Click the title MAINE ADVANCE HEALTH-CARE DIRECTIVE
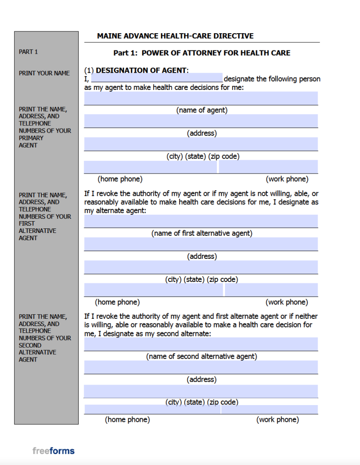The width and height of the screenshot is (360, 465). [175, 36]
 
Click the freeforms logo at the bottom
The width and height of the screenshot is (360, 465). [53, 451]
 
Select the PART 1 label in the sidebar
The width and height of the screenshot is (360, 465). [28, 52]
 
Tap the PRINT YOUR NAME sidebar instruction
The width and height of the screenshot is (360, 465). [44, 73]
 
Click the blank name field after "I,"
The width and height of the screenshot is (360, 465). [157, 78]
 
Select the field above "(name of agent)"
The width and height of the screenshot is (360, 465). [201, 98]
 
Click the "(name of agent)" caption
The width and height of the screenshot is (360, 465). [202, 110]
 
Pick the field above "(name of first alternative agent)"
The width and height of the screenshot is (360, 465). [201, 221]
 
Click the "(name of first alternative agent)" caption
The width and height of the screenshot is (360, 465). [202, 233]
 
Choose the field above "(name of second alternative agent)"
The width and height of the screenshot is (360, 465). [201, 344]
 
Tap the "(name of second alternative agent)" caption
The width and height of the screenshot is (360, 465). [202, 356]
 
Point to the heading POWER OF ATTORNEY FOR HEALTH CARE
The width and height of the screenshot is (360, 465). [216, 53]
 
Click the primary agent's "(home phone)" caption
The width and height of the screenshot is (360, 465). [120, 179]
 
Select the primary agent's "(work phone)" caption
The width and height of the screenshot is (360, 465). [287, 179]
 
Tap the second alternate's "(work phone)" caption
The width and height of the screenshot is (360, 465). [278, 420]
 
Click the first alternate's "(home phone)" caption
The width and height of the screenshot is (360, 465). [117, 302]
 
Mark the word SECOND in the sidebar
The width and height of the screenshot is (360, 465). [30, 345]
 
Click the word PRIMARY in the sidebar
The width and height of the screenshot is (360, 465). [31, 138]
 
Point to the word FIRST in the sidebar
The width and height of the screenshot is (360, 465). [26, 223]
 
